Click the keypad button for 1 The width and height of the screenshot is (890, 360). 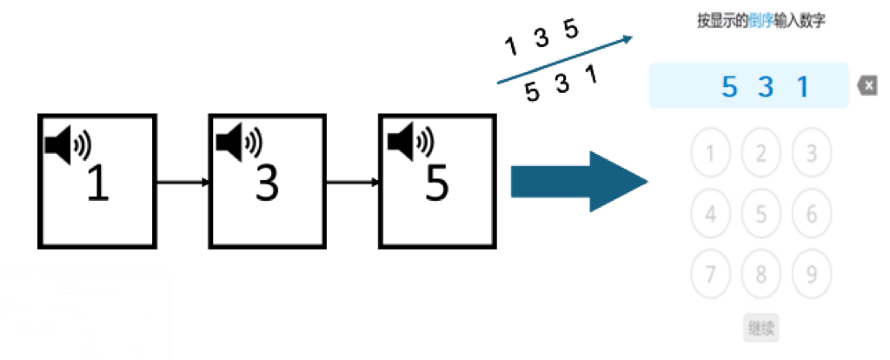pos(711,155)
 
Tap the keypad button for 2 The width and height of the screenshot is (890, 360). pos(761,155)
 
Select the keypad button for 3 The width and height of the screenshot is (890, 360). pos(812,155)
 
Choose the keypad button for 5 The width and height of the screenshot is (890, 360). pos(761,214)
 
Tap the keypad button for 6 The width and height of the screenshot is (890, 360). pos(812,214)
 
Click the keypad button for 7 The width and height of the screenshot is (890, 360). pos(711,274)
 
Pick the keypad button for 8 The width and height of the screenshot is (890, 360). pos(761,274)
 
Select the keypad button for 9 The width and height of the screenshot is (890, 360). pos(812,274)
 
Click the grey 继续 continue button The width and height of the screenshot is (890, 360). pos(761,329)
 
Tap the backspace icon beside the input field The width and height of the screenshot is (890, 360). pos(867,85)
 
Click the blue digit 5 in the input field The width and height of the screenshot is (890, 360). pos(730,86)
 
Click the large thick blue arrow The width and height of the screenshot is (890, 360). pos(579,181)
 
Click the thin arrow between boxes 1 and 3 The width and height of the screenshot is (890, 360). pos(183,182)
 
